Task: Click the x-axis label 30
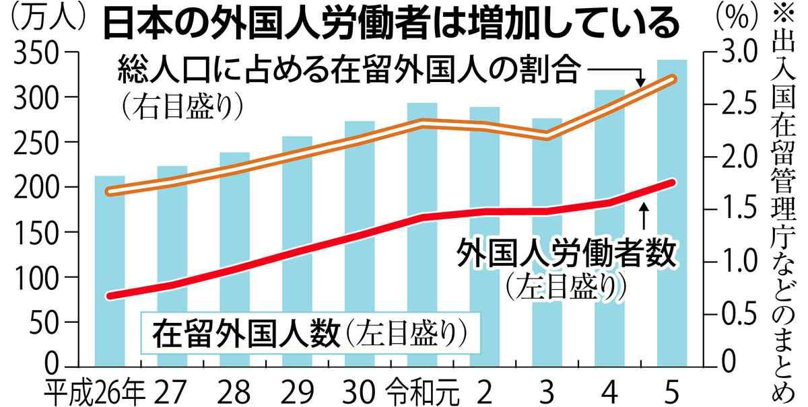tap(360, 391)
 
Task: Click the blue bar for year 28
tap(234, 262)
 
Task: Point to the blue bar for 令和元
tap(422, 235)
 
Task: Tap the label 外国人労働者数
tap(566, 254)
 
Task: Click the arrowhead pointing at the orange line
tap(640, 81)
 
